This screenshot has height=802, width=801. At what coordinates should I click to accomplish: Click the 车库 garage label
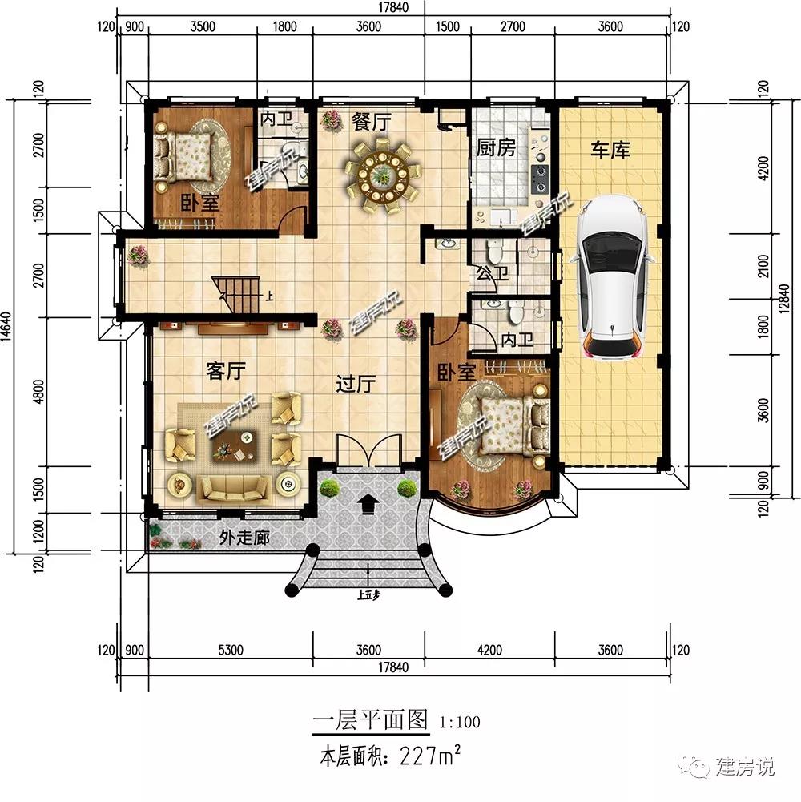tap(610, 149)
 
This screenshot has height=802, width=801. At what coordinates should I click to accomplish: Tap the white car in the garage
tap(614, 276)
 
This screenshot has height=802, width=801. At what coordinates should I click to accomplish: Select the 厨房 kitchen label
tap(496, 148)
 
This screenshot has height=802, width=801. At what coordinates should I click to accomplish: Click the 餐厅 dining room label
tap(371, 123)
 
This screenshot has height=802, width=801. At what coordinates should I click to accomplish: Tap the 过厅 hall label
tap(355, 385)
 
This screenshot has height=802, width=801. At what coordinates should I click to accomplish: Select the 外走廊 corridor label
tap(244, 538)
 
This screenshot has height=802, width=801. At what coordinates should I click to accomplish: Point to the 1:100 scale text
tap(460, 722)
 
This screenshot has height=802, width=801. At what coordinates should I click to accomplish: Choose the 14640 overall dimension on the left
tap(7, 325)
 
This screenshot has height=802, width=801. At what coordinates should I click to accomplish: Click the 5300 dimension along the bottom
tap(231, 650)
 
